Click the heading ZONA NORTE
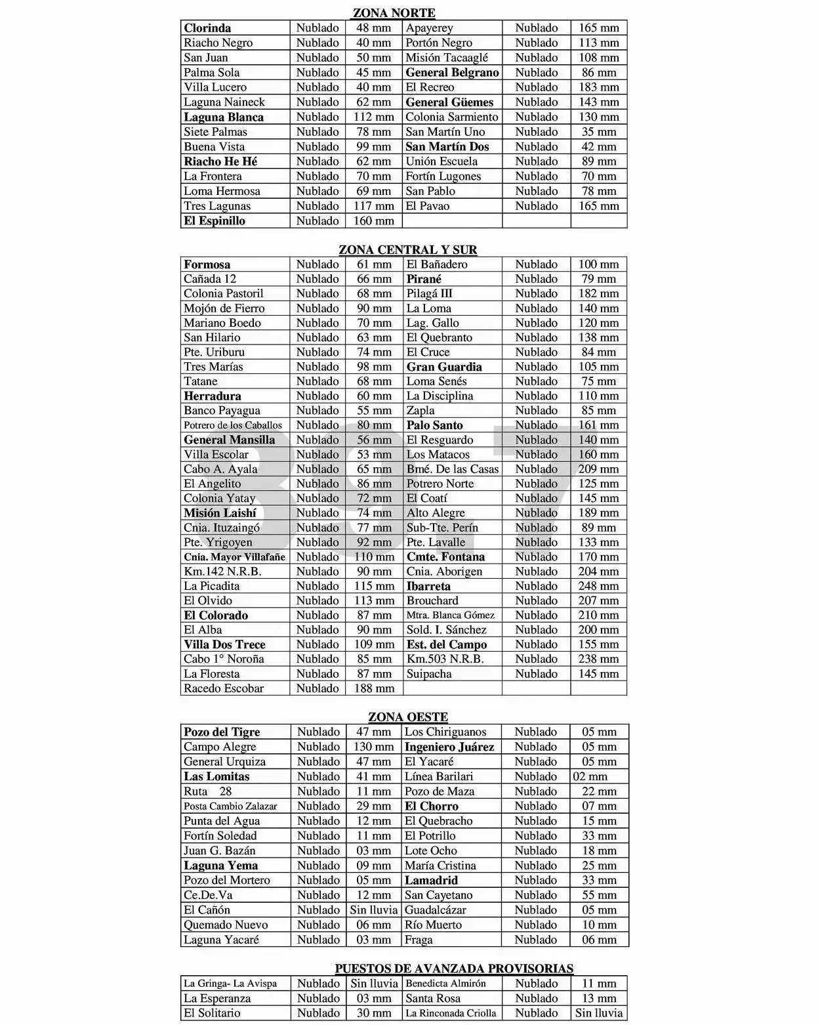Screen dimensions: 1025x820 click(x=394, y=12)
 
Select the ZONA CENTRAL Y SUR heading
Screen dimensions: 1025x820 click(x=407, y=249)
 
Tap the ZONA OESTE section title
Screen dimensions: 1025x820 click(x=407, y=717)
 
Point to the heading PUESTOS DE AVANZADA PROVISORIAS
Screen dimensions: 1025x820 click(x=454, y=968)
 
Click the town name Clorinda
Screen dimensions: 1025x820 click(x=207, y=28)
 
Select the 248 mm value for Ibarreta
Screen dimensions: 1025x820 click(x=598, y=586)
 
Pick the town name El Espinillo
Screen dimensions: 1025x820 click(x=215, y=220)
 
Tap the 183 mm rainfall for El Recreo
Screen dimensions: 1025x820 click(x=598, y=87)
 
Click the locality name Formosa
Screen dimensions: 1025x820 click(x=207, y=264)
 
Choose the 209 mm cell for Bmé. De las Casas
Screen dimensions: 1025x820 click(x=598, y=469)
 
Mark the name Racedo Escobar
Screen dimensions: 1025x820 click(x=224, y=688)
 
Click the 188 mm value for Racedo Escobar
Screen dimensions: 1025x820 click(x=374, y=688)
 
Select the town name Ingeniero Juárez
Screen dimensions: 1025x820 click(x=449, y=747)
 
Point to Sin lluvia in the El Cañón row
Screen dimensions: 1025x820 click(x=374, y=910)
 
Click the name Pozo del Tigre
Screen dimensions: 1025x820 click(x=222, y=732)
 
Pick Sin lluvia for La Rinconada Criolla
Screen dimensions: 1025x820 click(x=598, y=1013)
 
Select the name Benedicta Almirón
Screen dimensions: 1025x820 click(x=445, y=983)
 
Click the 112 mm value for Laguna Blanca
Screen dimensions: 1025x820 click(x=374, y=117)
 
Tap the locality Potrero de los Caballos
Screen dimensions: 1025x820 click(x=233, y=425)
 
